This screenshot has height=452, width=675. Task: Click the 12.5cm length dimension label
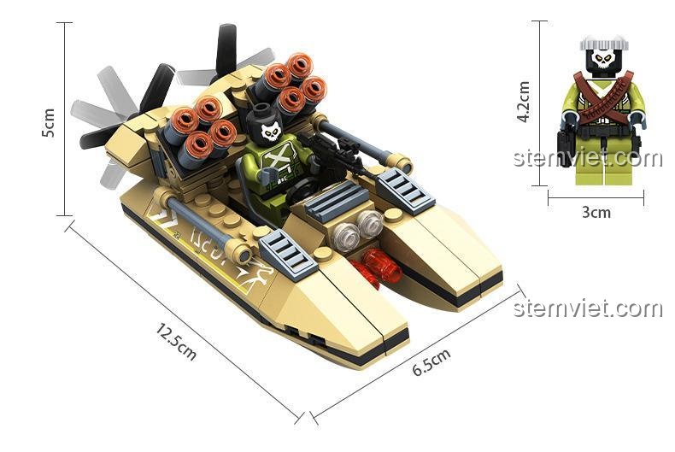(176, 342)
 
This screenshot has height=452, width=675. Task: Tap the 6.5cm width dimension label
(431, 361)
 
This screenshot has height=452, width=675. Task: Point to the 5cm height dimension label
(48, 123)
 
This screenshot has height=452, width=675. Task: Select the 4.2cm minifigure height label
(524, 102)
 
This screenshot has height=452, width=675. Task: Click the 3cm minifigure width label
(596, 212)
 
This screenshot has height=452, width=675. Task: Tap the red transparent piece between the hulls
(377, 267)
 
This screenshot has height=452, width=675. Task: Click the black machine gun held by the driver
(332, 153)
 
